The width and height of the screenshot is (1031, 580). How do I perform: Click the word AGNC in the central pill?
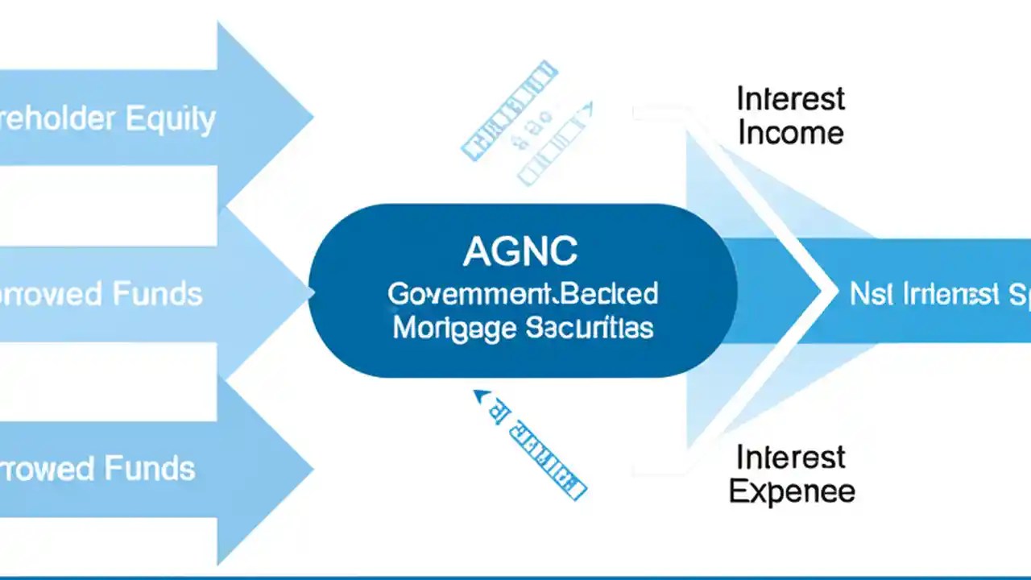point(520,252)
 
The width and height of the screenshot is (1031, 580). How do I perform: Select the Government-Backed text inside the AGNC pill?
point(522,294)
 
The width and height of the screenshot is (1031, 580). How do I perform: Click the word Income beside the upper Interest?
point(790,133)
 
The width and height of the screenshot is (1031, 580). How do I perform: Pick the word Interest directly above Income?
point(790,99)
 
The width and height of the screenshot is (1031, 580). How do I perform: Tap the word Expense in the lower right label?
point(792,491)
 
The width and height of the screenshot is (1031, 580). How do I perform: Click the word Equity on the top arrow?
point(170,119)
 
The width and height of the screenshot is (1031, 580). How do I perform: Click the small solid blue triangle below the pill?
point(482,396)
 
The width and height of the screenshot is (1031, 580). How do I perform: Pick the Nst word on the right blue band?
point(868,295)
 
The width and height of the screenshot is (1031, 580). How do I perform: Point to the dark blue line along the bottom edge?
point(515,577)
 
